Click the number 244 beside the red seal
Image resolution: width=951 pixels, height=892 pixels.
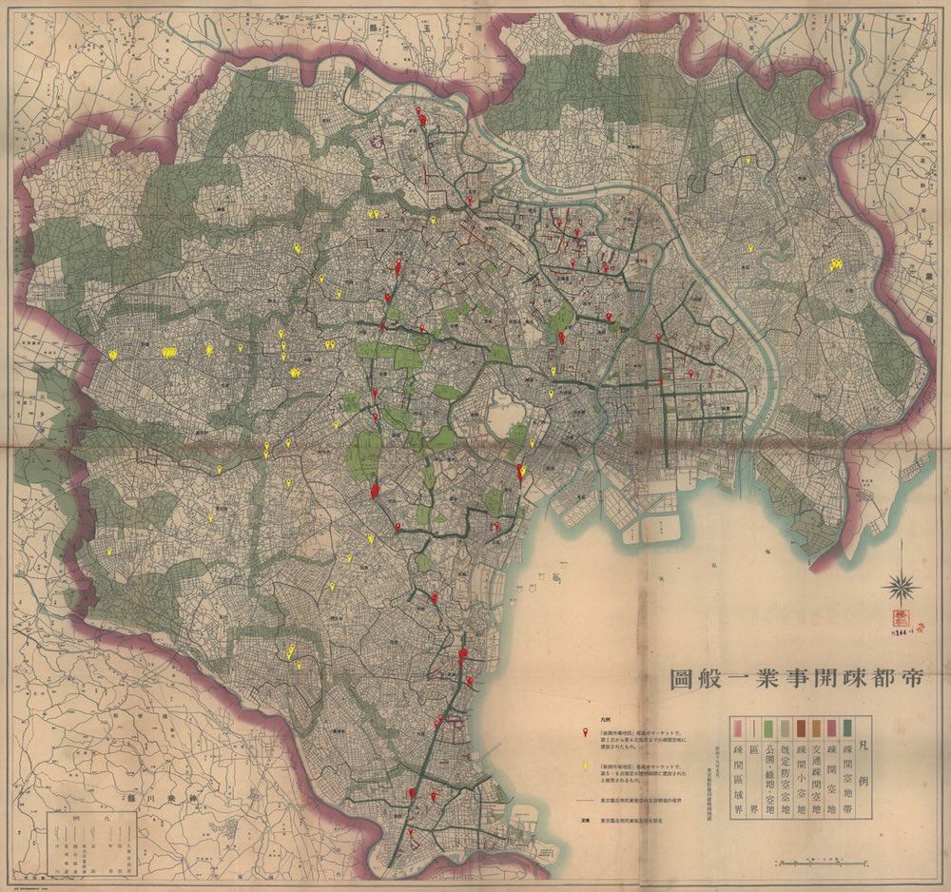[x=898, y=623]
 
